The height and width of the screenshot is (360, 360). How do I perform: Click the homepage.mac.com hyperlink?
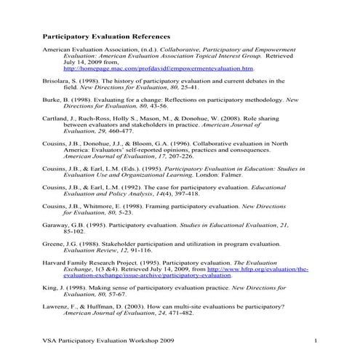(x=159, y=68)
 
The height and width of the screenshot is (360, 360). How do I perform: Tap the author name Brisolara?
(x=60, y=80)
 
